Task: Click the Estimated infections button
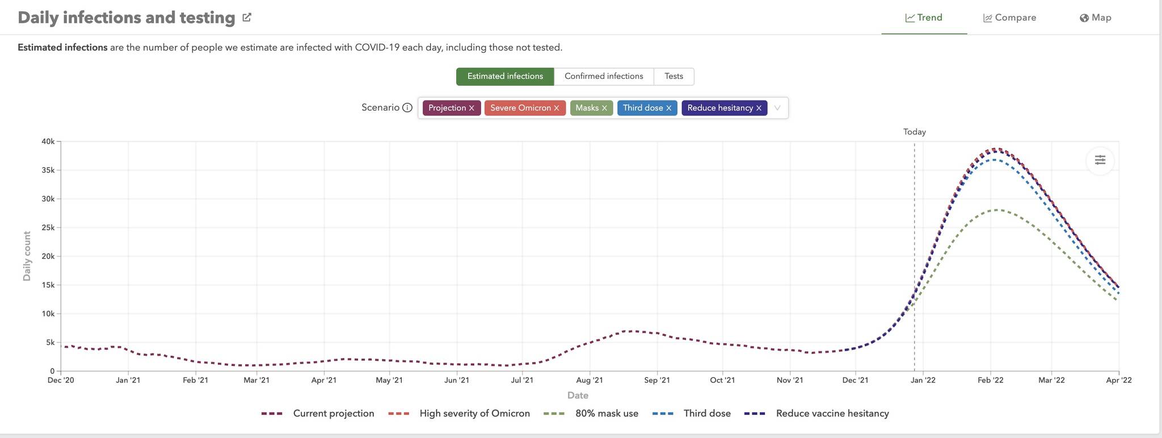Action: pos(505,77)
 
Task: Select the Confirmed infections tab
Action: pos(604,77)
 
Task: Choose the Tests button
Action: pos(673,77)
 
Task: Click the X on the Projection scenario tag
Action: pos(471,108)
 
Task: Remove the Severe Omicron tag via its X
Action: pos(557,108)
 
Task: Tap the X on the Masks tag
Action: pos(604,108)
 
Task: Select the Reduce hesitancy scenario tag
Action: pos(719,108)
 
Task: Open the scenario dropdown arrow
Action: pos(777,108)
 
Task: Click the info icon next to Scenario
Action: pos(407,108)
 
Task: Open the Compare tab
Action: pos(1009,18)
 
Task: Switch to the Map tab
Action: pos(1095,18)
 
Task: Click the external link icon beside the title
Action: pos(247,18)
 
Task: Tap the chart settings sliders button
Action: pos(1100,160)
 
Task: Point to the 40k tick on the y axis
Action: pos(48,141)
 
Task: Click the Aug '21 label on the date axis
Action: pos(590,380)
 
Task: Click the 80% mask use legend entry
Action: pos(606,414)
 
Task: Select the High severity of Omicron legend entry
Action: pos(474,414)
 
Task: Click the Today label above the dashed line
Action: pos(914,132)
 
